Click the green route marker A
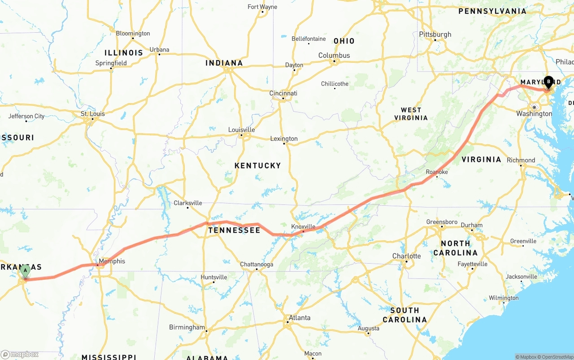(26, 270)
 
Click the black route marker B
(548, 82)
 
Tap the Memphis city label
(112, 261)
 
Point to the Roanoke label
(437, 172)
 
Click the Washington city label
(534, 114)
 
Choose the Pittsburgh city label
(435, 35)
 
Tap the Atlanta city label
(299, 317)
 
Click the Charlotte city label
(406, 256)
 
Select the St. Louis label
(92, 114)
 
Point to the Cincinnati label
(283, 93)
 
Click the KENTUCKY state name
(257, 165)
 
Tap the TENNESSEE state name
(234, 230)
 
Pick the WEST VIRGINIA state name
(411, 114)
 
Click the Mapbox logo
(20, 354)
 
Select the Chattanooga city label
(257, 265)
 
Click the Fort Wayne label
(262, 7)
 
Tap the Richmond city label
(521, 160)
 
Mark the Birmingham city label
(187, 327)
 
